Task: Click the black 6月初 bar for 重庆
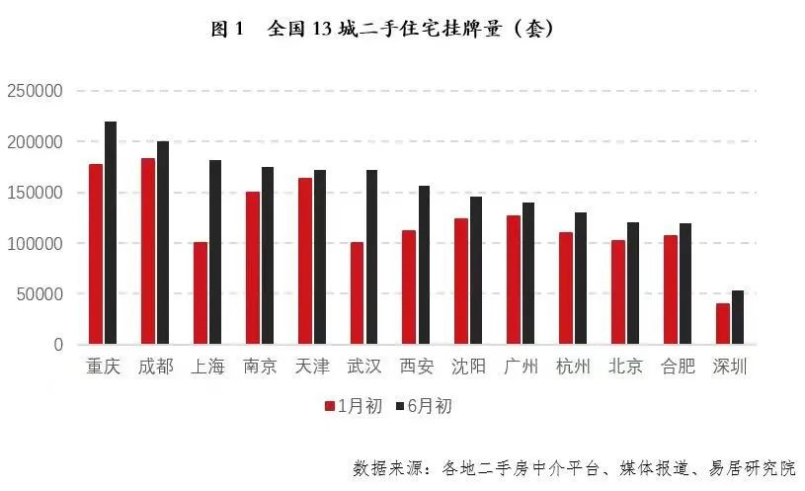click(x=111, y=233)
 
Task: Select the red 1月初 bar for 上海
click(x=201, y=293)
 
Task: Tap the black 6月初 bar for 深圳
click(x=738, y=317)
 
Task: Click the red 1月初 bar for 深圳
click(x=723, y=324)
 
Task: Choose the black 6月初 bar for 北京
click(x=633, y=284)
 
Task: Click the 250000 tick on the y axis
click(x=35, y=91)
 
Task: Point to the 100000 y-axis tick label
click(x=35, y=243)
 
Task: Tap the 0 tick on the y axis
click(x=58, y=345)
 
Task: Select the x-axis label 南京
click(x=261, y=368)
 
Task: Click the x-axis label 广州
click(x=522, y=368)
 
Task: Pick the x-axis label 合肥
click(x=678, y=368)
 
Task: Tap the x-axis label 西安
click(x=417, y=368)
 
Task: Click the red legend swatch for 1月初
click(x=330, y=406)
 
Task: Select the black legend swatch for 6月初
click(x=400, y=406)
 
